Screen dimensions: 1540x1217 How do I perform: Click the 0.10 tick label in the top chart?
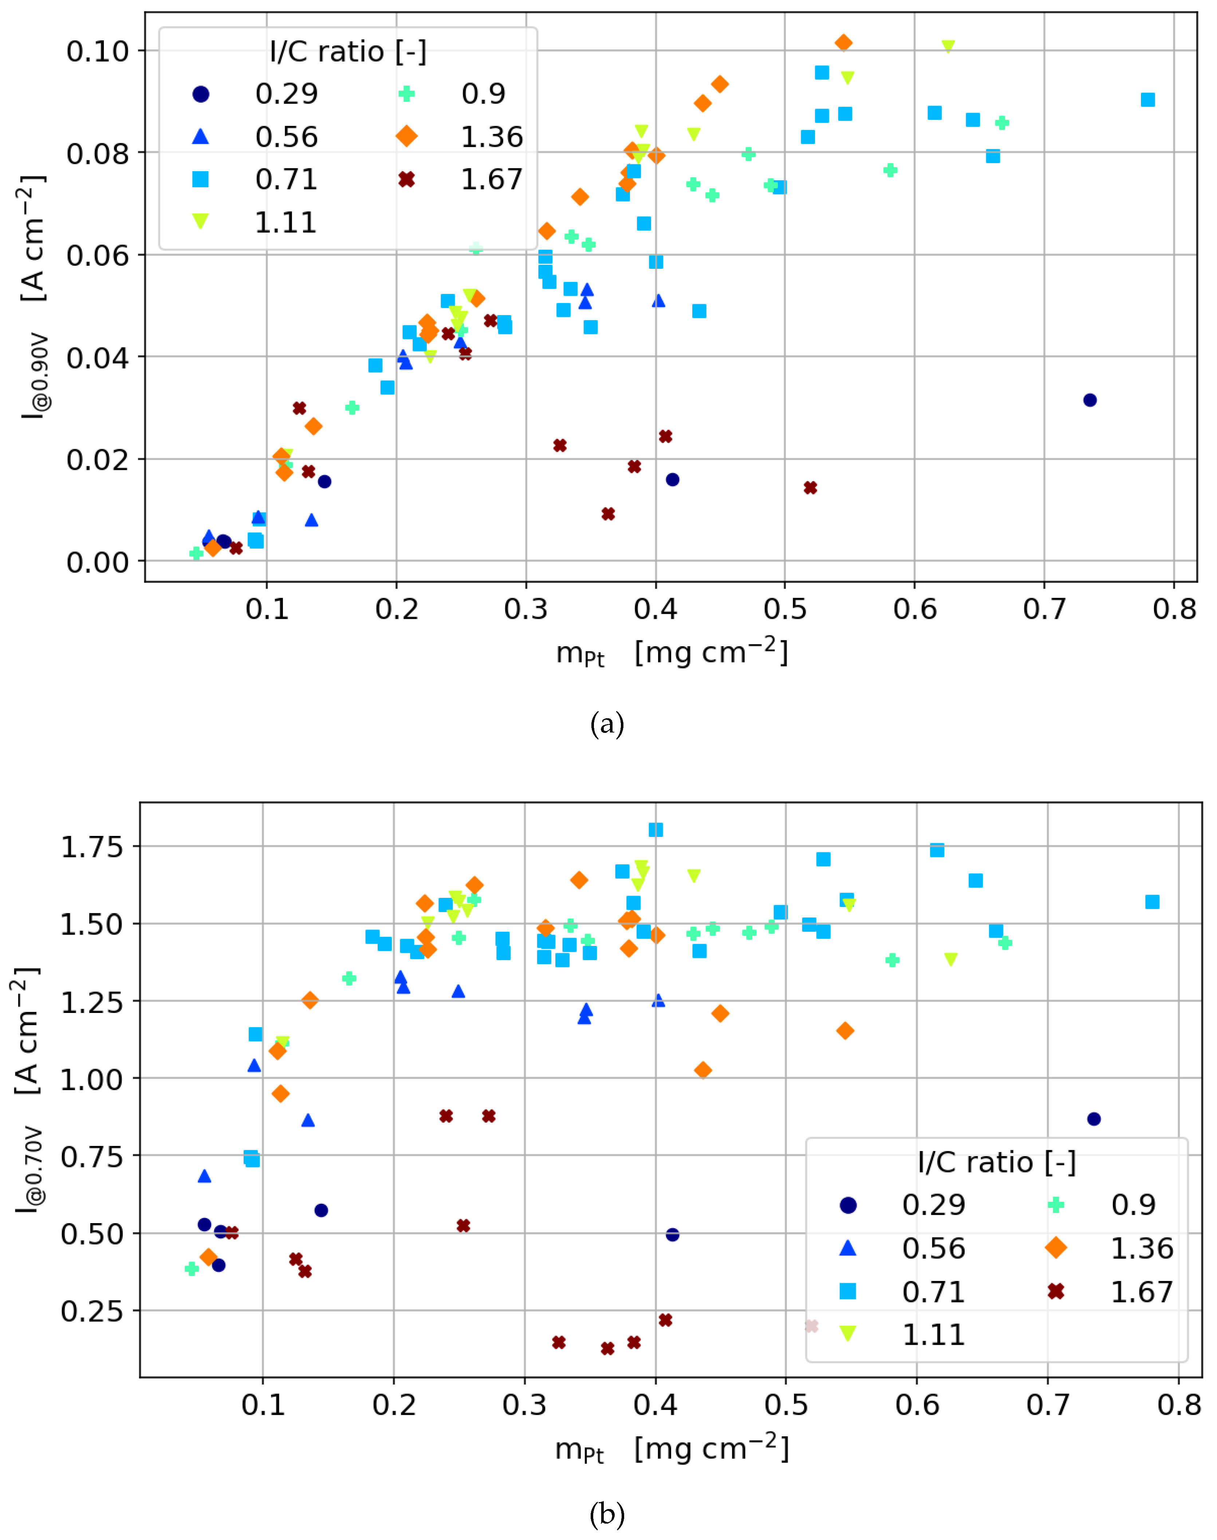coord(98,51)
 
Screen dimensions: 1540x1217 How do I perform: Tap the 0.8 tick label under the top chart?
coord(1174,609)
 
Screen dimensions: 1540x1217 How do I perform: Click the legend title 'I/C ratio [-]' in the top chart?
coord(348,51)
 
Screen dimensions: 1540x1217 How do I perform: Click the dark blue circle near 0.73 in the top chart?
coord(1090,401)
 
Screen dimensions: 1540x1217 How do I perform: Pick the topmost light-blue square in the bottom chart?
coord(655,829)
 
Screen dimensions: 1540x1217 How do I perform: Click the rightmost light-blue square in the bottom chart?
coord(1152,902)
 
